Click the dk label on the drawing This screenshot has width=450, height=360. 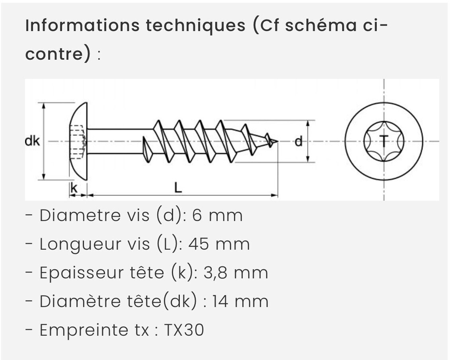point(32,141)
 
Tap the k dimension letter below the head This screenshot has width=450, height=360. point(73,188)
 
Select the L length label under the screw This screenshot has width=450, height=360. point(178,188)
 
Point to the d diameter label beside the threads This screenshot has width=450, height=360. point(298,141)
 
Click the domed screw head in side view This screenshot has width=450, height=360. point(79,141)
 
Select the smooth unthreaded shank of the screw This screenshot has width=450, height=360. point(119,141)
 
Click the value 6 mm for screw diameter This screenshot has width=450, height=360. point(217,215)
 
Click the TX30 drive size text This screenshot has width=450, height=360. point(184,330)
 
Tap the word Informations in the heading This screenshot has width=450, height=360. point(82,25)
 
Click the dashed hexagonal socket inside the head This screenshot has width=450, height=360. point(78,141)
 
